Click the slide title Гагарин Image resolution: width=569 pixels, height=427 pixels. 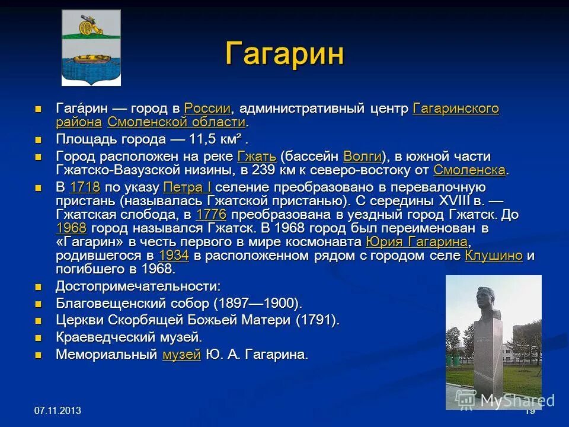coord(284,54)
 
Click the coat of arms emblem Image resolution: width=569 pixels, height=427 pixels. coord(91,48)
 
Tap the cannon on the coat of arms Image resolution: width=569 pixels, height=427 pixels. coord(91,26)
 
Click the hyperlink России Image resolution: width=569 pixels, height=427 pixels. coord(207,109)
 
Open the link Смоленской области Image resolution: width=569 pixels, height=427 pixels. coord(177,122)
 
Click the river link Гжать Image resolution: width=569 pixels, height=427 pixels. coord(257,157)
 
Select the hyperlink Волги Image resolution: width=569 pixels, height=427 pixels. coord(363,157)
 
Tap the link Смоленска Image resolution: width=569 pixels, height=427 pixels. coord(469,170)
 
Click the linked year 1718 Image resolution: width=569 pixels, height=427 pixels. coord(84,187)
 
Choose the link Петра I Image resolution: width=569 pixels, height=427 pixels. coord(187,187)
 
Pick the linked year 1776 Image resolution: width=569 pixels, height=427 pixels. coord(211,215)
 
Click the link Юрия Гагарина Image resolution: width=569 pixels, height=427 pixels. coord(417,242)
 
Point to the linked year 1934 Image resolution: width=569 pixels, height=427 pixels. coord(174,256)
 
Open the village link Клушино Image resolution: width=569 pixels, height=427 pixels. coord(494,256)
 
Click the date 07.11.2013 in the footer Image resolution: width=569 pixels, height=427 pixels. coord(57,410)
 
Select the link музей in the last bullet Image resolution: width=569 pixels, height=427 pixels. coord(181,355)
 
